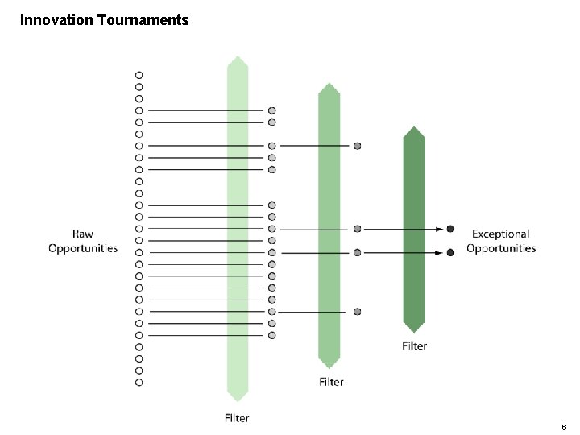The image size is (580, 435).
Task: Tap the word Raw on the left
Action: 83,234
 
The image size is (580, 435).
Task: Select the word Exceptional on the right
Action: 500,234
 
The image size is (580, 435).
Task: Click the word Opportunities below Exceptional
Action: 500,248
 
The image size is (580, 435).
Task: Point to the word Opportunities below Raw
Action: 83,248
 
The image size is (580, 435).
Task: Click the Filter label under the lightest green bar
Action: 237,417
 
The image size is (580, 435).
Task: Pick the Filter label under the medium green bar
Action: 330,382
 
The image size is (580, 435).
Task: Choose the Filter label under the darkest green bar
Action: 414,346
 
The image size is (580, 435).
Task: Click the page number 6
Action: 564,426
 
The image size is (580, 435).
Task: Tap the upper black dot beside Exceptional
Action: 450,229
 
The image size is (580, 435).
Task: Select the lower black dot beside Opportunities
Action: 450,252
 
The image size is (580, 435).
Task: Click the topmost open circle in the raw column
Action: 139,74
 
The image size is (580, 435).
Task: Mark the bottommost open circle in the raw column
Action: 139,382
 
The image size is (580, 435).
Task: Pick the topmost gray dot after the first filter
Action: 272,110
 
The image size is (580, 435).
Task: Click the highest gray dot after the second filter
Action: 357,146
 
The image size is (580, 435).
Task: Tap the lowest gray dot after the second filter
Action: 357,311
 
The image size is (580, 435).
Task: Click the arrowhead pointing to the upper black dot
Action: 441,229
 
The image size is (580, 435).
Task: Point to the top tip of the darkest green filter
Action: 414,127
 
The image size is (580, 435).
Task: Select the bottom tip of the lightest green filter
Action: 237,400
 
